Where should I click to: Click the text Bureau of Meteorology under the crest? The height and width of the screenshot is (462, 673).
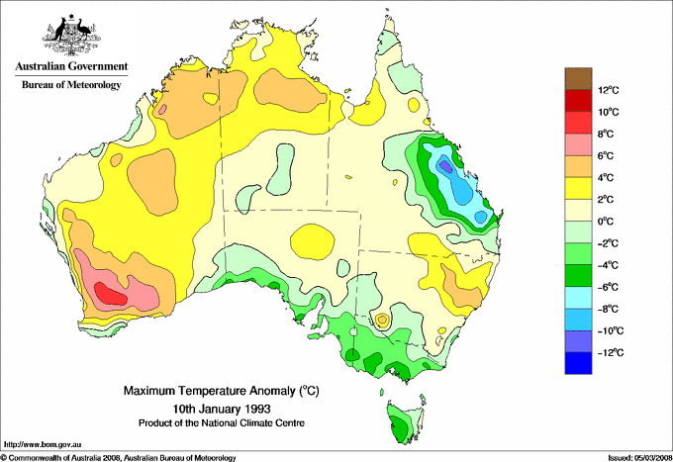[x=70, y=85]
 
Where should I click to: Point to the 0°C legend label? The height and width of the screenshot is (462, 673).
[x=606, y=222]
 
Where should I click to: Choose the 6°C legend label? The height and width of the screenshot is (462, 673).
[x=606, y=156]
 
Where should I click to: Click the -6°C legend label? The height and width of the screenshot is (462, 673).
[x=608, y=287]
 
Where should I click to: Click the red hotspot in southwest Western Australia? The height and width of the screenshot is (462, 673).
[x=108, y=293]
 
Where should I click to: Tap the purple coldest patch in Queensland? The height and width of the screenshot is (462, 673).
[x=446, y=165]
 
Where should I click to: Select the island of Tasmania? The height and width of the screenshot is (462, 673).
[x=402, y=422]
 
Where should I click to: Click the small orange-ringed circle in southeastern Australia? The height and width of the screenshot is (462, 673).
[x=382, y=320]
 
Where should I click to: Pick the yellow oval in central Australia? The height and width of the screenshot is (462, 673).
[x=315, y=239]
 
